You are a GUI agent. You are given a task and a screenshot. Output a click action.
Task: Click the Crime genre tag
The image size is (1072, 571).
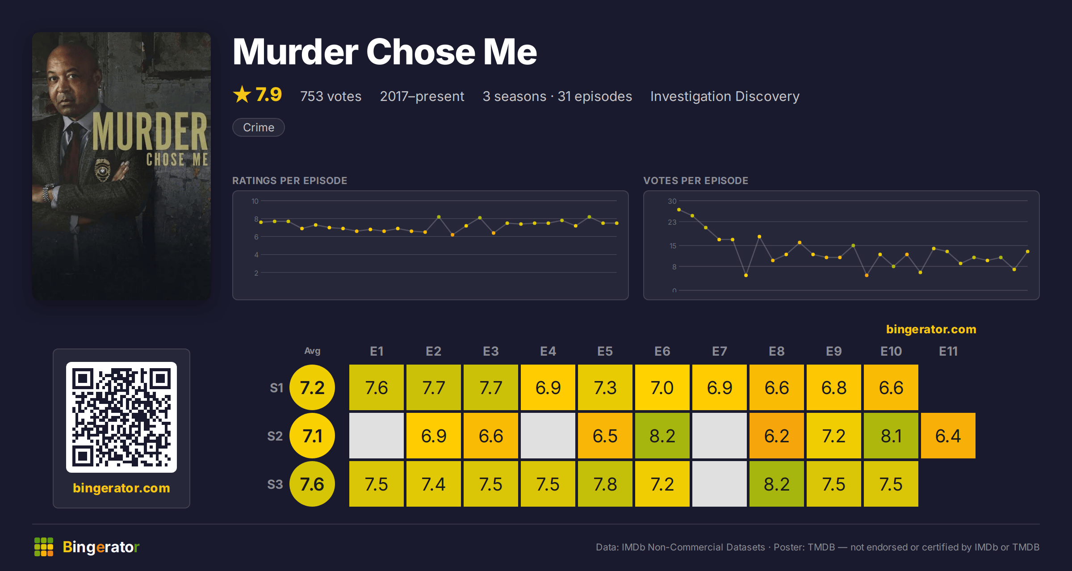coord(258,127)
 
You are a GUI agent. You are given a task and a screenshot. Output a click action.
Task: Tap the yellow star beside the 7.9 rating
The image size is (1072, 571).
coord(242,94)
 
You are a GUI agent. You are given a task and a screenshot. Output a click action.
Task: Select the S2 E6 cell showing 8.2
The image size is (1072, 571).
coord(662,436)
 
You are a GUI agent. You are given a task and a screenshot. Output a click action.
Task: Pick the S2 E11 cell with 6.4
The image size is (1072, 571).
coord(948,436)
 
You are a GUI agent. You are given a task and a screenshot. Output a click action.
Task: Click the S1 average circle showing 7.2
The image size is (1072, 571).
coord(312,387)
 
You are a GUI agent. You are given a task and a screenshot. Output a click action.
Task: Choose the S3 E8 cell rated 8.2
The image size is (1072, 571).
coord(776,484)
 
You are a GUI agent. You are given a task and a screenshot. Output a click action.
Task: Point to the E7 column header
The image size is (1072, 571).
coord(719,351)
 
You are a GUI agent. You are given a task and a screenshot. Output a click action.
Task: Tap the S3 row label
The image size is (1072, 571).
coord(275,484)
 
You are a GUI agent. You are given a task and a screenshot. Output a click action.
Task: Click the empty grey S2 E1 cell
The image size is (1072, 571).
coord(376,436)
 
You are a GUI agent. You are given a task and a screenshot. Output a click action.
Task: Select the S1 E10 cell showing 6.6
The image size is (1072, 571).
coord(891,387)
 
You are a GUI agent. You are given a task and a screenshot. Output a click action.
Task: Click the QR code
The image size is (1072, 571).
coord(121,417)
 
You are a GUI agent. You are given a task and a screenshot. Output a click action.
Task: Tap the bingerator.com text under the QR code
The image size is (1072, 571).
coord(121,488)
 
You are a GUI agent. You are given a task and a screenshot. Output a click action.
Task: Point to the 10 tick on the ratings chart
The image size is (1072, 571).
coord(255,201)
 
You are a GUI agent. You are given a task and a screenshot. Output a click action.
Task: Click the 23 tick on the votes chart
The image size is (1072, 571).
coord(672,222)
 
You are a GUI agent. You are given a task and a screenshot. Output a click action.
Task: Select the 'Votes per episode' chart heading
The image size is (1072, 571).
coord(695,181)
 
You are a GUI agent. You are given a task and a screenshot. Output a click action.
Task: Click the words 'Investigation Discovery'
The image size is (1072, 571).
coord(724,96)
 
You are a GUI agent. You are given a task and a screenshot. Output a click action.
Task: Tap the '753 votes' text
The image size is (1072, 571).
coord(331,96)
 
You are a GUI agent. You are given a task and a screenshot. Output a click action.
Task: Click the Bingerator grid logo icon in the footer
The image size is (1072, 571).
coord(44,547)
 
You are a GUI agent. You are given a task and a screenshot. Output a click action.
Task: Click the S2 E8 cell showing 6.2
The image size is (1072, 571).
coord(776,436)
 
